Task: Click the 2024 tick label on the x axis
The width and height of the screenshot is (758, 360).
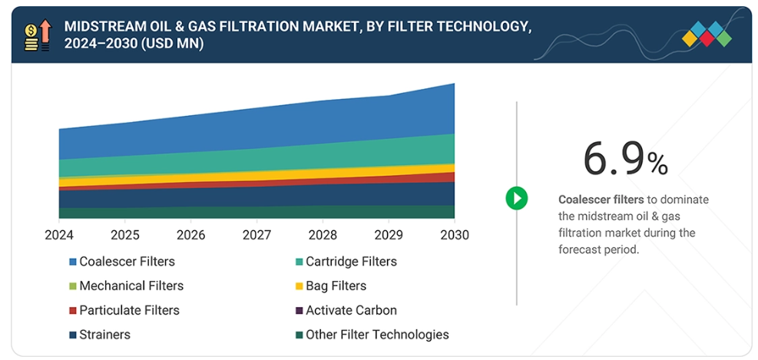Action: point(59,234)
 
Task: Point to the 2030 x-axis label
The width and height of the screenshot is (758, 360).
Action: point(453,234)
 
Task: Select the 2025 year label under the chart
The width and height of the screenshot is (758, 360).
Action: point(124,234)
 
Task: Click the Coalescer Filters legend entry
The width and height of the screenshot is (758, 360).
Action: point(127,262)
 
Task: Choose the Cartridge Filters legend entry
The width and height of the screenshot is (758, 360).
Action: point(351,262)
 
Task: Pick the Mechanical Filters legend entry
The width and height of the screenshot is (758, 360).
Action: point(131,286)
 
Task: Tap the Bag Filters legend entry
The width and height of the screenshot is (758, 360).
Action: point(336,286)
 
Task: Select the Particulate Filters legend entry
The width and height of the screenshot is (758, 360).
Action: point(129,310)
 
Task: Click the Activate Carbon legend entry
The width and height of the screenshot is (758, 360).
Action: point(351,310)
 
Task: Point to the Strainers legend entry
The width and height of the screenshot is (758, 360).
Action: point(104,335)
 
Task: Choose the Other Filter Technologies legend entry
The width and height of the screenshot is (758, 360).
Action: point(377,335)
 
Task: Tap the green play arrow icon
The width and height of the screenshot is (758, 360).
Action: point(516,199)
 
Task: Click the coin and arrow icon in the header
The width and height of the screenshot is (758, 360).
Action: point(37,35)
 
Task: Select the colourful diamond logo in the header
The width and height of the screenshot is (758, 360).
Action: point(707,34)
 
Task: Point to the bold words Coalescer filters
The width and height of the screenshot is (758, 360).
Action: point(591,200)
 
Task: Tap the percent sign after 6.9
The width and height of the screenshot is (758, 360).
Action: point(657,163)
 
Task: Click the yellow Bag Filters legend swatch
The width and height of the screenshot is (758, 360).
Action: point(298,286)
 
